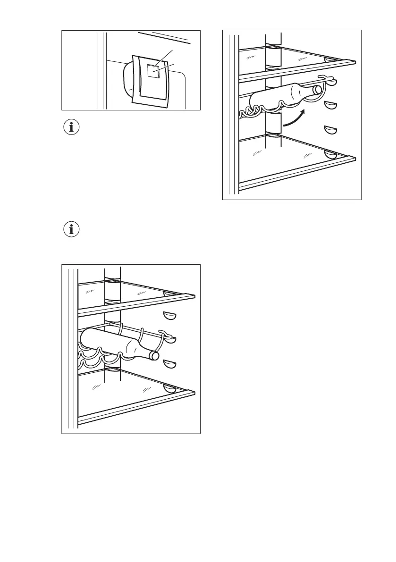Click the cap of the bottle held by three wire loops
[154, 355]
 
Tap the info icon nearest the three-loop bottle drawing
[72, 230]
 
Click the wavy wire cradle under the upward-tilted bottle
[255, 112]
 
